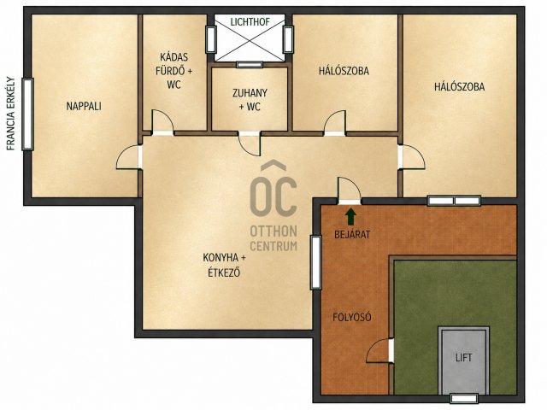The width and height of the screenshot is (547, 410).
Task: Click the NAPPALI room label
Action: coord(84,106)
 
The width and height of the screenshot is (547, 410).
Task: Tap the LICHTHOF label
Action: coord(250,22)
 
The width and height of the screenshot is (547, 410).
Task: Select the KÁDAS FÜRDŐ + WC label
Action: coord(174,71)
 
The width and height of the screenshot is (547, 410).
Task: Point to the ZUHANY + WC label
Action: coord(250,100)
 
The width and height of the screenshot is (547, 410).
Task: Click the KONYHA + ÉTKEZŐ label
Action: coord(224,265)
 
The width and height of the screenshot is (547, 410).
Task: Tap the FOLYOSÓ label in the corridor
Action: coord(351,317)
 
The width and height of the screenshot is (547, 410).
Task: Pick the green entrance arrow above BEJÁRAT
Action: coord(350,216)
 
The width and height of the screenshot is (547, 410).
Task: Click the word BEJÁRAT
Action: coord(352,235)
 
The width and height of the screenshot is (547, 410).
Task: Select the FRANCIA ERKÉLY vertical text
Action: coord(11,114)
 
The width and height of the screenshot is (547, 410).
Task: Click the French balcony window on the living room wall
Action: coord(27,114)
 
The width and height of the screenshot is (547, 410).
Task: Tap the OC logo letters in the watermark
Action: coord(273,188)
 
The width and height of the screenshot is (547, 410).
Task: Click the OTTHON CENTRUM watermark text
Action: coord(273,238)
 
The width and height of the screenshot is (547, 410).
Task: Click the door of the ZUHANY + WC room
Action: coord(250,143)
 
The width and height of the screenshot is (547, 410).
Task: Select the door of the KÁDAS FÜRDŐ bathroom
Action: coord(162,121)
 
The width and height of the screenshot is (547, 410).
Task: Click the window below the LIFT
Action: coord(463,398)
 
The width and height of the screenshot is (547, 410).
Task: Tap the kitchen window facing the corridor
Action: coord(315,262)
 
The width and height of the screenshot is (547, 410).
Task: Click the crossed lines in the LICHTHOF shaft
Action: coord(250,38)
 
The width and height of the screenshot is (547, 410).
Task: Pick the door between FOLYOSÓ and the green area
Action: coord(380,350)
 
